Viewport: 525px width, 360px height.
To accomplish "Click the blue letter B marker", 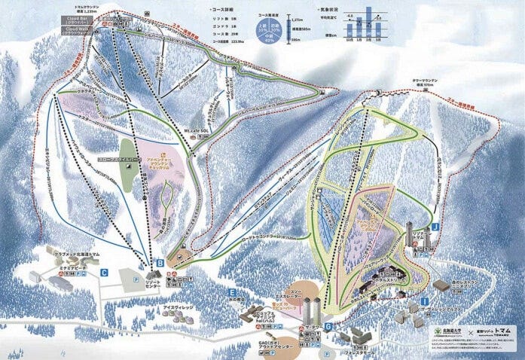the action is tap(160, 263).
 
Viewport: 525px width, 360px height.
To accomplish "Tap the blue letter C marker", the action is tap(105, 272).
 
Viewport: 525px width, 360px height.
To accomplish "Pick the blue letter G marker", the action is tap(329, 325).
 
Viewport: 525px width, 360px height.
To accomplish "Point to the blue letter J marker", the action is tap(435, 226).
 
